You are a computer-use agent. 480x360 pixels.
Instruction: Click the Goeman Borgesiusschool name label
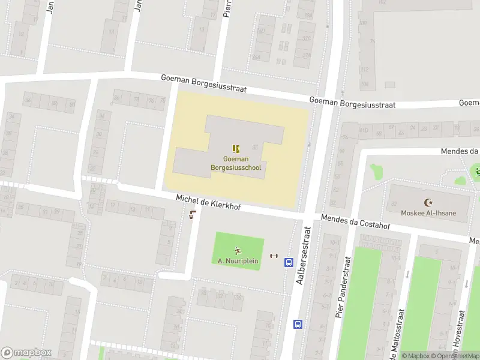click(236, 163)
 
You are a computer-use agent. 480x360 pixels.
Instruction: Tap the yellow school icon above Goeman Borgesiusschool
click(236, 148)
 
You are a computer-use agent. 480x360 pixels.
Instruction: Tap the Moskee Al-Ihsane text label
click(428, 213)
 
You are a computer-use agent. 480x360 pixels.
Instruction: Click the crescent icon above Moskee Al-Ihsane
click(428, 203)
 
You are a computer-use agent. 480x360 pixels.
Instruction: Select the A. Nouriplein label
click(238, 261)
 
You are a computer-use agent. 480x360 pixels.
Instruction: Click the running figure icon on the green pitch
click(238, 250)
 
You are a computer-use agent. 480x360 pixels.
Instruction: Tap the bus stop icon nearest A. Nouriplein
click(289, 262)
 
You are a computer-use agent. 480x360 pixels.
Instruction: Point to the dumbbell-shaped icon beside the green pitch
click(274, 256)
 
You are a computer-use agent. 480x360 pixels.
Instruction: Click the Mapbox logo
click(26, 353)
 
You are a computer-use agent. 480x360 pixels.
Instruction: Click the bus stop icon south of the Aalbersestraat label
click(298, 324)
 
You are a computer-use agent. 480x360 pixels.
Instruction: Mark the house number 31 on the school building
click(254, 146)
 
